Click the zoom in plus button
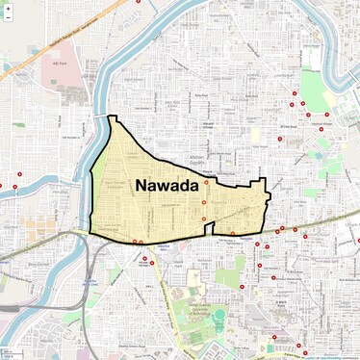(8, 8)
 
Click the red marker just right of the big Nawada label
(206, 182)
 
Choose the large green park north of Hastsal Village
(313, 87)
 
